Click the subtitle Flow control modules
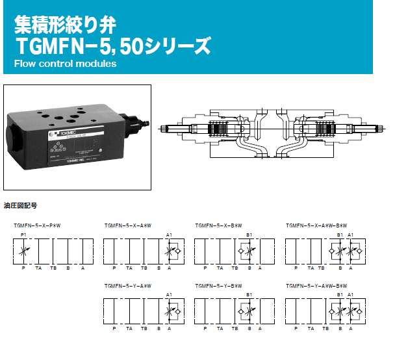(x=64, y=64)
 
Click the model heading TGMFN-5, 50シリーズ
(x=113, y=45)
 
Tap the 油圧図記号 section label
(x=21, y=205)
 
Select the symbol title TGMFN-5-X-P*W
(x=42, y=225)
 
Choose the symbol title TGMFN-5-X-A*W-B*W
(x=316, y=225)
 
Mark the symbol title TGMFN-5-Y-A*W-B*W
(x=316, y=285)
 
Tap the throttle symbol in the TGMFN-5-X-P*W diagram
(x=24, y=250)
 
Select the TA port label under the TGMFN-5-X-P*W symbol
(x=38, y=268)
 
